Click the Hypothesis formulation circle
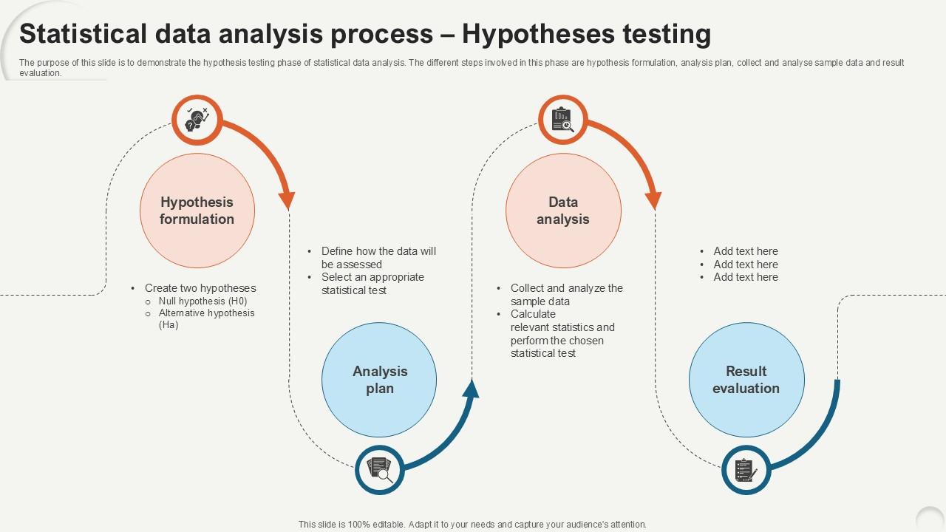[x=197, y=211]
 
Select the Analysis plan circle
[x=379, y=380]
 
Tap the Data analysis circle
[x=563, y=211]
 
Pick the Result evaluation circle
[x=746, y=380]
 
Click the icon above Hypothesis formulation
[x=197, y=120]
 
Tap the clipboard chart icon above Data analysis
[x=563, y=120]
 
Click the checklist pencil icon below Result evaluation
[x=746, y=470]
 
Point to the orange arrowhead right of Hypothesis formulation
[x=287, y=200]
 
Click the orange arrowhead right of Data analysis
[x=653, y=200]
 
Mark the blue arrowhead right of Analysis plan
[x=472, y=389]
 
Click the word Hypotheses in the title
[x=538, y=34]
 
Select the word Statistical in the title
[x=84, y=34]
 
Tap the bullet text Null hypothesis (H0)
[x=203, y=301]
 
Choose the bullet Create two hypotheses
[x=200, y=288]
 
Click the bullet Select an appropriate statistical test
[x=372, y=284]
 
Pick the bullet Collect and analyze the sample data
[x=566, y=295]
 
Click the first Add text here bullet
[x=746, y=251]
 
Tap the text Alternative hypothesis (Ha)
[x=206, y=318]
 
